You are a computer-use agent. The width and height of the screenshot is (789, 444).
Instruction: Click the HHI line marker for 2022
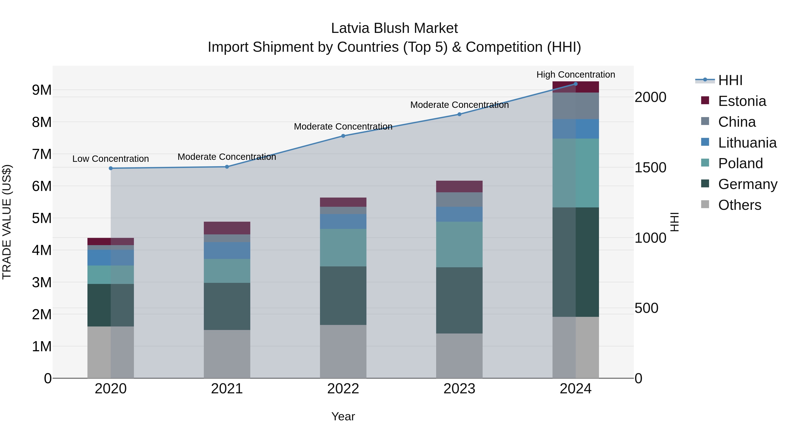(x=343, y=136)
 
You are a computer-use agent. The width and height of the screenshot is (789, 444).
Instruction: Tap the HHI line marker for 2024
(x=576, y=84)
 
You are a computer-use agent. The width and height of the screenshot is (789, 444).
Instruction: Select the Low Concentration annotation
(x=111, y=159)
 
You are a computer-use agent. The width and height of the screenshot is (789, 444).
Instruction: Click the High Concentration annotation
(x=576, y=75)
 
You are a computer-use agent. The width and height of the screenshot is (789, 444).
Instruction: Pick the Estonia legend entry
(x=742, y=101)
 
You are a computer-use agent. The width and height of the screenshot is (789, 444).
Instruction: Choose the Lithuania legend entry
(x=747, y=143)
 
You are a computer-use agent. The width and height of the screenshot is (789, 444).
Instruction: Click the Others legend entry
(x=739, y=205)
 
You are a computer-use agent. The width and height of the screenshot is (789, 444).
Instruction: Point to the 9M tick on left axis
(x=42, y=90)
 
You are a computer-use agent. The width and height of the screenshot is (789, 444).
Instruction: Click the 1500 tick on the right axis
(x=650, y=168)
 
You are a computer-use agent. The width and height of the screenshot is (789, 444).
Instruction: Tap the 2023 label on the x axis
(x=459, y=389)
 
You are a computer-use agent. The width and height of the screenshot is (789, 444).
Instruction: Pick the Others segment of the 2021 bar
(x=227, y=354)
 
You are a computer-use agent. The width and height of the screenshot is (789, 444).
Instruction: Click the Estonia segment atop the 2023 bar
(x=459, y=186)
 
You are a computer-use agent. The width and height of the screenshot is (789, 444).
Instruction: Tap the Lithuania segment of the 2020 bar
(x=111, y=257)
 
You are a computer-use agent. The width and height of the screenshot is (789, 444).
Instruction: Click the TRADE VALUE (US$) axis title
(x=7, y=222)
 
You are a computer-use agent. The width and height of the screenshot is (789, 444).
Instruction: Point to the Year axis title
(x=343, y=416)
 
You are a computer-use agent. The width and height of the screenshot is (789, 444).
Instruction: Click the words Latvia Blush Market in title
(x=394, y=28)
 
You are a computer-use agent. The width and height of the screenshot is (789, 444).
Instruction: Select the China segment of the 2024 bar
(x=576, y=106)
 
